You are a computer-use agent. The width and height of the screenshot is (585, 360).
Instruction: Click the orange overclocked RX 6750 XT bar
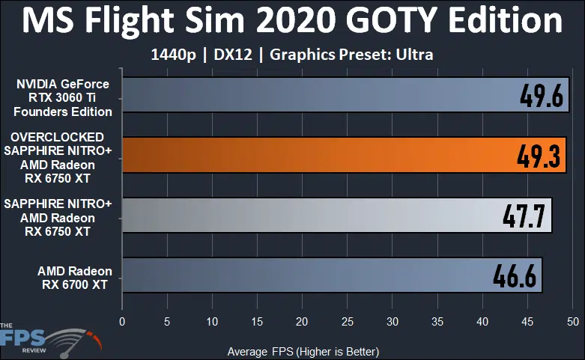[315, 156]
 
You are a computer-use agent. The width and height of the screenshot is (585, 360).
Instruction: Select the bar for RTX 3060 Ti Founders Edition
[315, 96]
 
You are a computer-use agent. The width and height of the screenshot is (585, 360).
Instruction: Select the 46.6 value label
[515, 276]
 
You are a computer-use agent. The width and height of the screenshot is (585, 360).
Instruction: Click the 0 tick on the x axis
[122, 321]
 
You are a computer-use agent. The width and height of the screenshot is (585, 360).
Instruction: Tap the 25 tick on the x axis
[347, 321]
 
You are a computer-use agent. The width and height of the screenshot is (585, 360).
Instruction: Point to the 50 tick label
[572, 321]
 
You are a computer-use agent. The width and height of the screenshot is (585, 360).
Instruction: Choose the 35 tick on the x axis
[437, 321]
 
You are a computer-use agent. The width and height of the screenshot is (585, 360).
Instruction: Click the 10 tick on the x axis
[212, 321]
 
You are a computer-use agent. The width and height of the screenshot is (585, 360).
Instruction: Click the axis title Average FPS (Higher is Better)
[303, 351]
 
